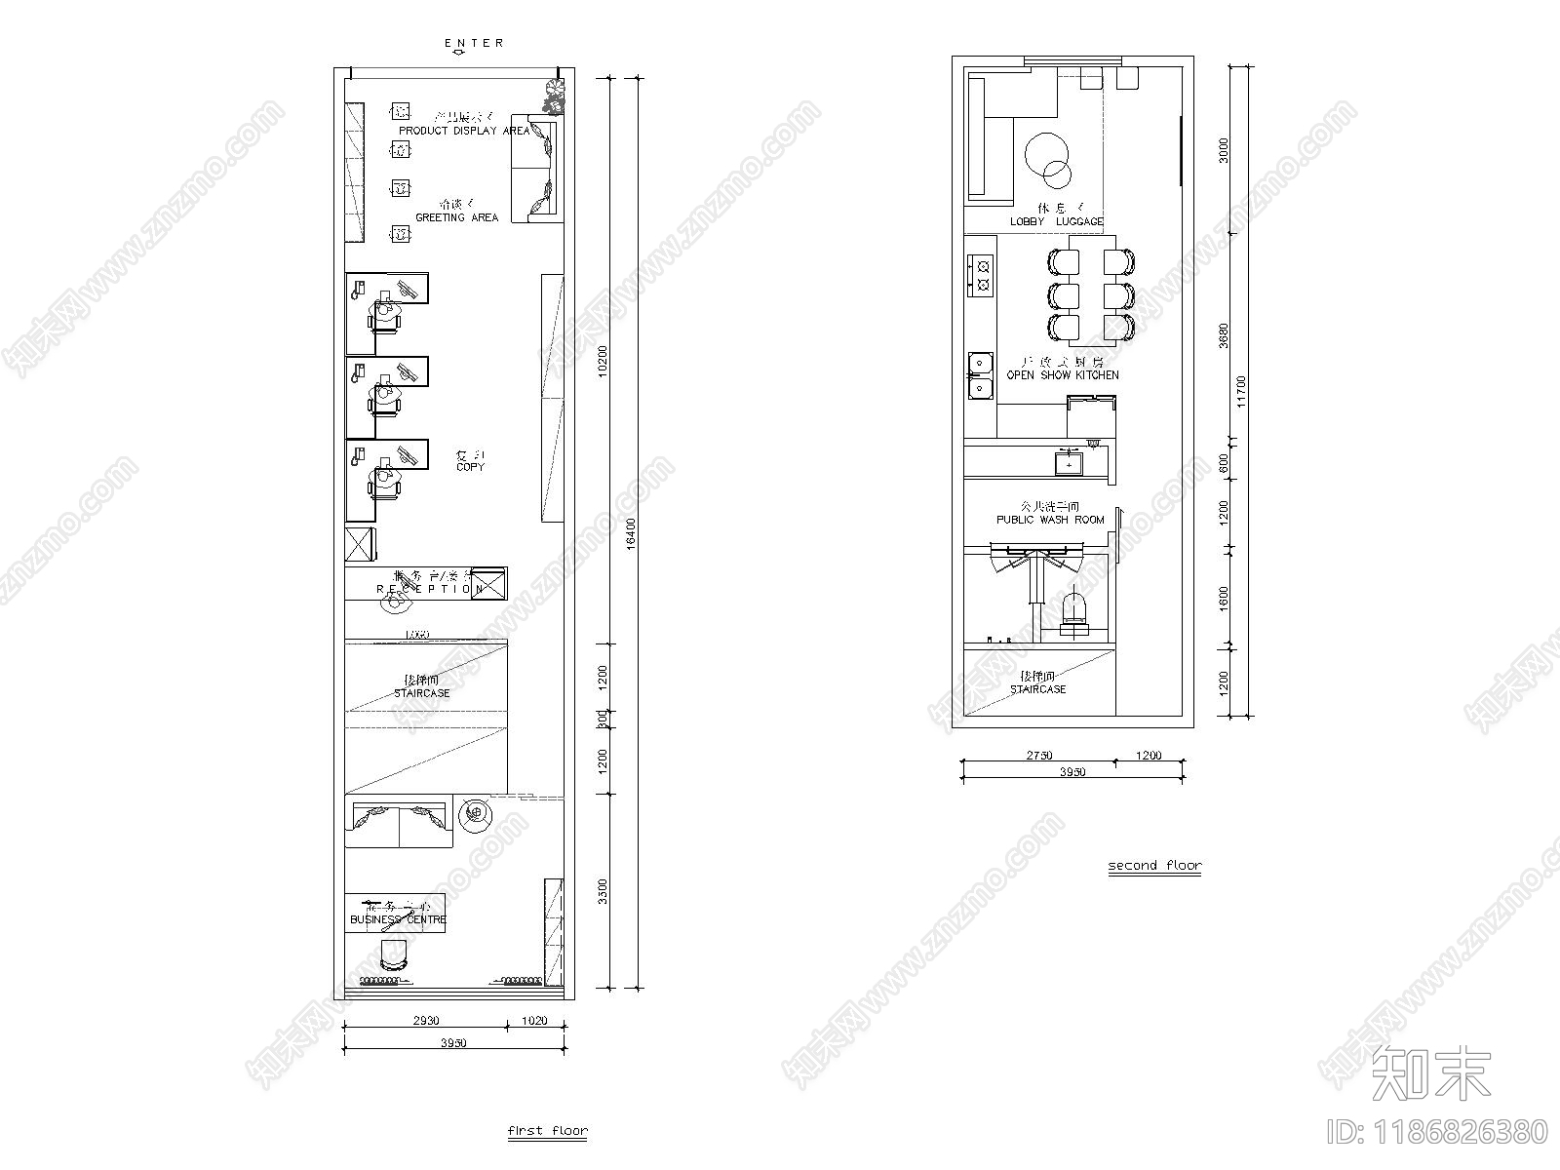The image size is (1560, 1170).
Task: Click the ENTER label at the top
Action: (x=474, y=43)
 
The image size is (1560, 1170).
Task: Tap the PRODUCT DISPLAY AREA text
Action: (x=464, y=131)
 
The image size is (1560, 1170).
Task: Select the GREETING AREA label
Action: (x=456, y=217)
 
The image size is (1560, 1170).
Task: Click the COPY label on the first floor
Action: (x=470, y=467)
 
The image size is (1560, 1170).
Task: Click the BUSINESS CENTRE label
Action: (x=398, y=919)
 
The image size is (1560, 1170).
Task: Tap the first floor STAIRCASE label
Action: (x=422, y=693)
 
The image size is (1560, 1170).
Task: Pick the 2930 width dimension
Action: (x=426, y=1021)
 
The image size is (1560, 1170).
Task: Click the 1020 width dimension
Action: (x=535, y=1021)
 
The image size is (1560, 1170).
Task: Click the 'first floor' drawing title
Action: (x=548, y=1132)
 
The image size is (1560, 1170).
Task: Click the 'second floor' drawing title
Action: (x=1154, y=865)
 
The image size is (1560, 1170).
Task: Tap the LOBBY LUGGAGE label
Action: (x=1056, y=221)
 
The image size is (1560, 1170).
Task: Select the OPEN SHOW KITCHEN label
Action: (x=1063, y=374)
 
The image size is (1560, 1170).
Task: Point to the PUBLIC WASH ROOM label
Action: (x=1050, y=520)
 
